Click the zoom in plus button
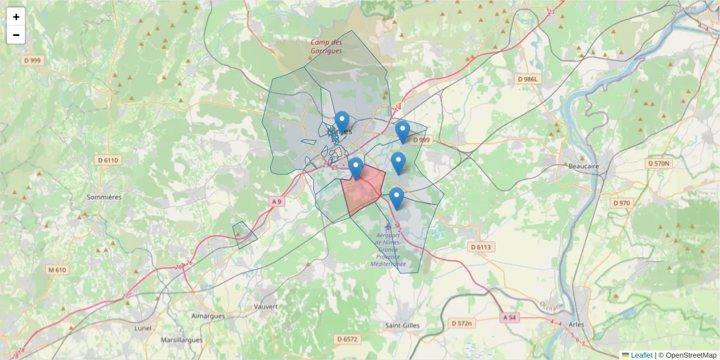pos(16,17)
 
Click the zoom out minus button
pos(16,35)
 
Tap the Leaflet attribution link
pos(641,355)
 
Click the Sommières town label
pos(104,197)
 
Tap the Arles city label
pos(575,324)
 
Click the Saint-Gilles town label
pos(403,325)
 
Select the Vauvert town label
pos(266,306)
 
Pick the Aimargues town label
pos(207,316)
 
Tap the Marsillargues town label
pos(184,340)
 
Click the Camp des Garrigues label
pos(326,47)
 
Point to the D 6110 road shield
pos(108,160)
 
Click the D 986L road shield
pos(529,79)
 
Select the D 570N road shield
pos(659,163)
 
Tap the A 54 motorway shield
pos(509,317)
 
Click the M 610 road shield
pos(56,270)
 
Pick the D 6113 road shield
pos(481,247)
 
